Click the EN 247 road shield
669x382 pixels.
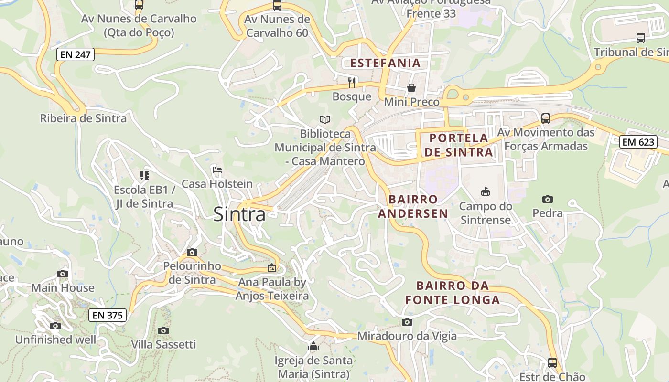coord(76,54)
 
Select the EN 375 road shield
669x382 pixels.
coord(108,315)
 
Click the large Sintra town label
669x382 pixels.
coord(239,214)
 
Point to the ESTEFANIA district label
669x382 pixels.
coord(385,63)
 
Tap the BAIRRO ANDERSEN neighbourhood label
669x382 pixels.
coord(413,206)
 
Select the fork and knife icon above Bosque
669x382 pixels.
coord(352,82)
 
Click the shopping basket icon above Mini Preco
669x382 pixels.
coord(411,88)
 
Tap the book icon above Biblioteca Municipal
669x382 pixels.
coord(325,119)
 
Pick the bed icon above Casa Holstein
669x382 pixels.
coord(217,170)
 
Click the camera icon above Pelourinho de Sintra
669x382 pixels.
coord(192,252)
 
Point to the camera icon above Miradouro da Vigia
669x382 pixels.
coord(407,322)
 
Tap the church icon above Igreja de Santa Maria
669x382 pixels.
coord(313,346)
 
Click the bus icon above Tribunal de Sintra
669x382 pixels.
coord(640,38)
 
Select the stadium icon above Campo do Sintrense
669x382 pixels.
coord(485,192)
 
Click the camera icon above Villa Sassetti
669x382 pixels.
coord(163,330)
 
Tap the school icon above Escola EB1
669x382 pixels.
coord(144,176)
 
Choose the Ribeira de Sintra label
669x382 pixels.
coord(83,118)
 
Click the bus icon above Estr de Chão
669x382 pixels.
coord(552,362)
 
